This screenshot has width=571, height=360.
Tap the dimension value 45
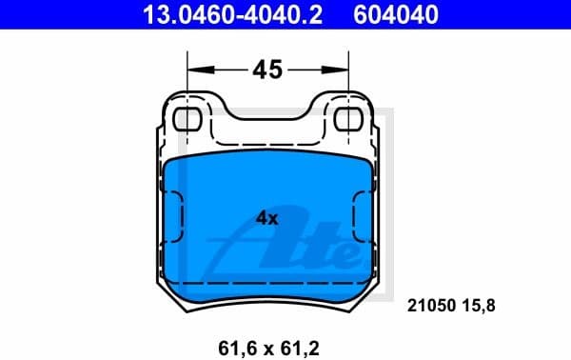[267, 70]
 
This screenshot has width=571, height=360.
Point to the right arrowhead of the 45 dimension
[344, 70]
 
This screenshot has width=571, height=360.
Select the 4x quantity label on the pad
[266, 218]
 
